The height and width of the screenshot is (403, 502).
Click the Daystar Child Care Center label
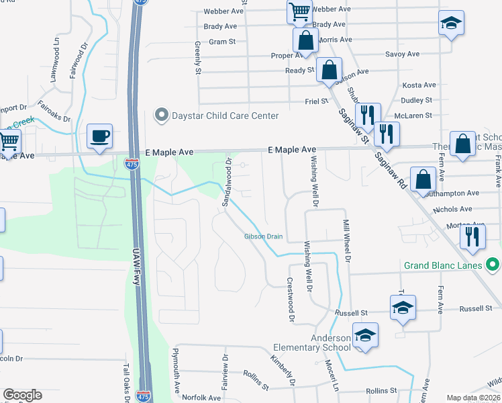(x=224, y=116)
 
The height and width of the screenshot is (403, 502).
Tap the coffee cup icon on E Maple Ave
(x=99, y=136)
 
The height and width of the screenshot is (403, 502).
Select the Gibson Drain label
(x=263, y=236)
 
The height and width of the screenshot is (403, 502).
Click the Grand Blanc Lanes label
(x=443, y=265)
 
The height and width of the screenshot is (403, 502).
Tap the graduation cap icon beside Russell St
(x=403, y=308)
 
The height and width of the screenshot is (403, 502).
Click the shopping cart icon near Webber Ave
(x=299, y=11)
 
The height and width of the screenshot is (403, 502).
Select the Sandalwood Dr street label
(x=228, y=183)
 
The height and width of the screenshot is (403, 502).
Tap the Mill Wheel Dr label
(x=347, y=240)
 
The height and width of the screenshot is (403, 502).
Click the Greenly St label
(x=198, y=57)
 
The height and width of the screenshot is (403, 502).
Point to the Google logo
(x=22, y=395)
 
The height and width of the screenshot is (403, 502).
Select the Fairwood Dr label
(x=79, y=62)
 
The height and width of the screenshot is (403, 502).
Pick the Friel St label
(x=315, y=101)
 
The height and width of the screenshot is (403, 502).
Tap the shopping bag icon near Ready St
(x=329, y=70)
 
